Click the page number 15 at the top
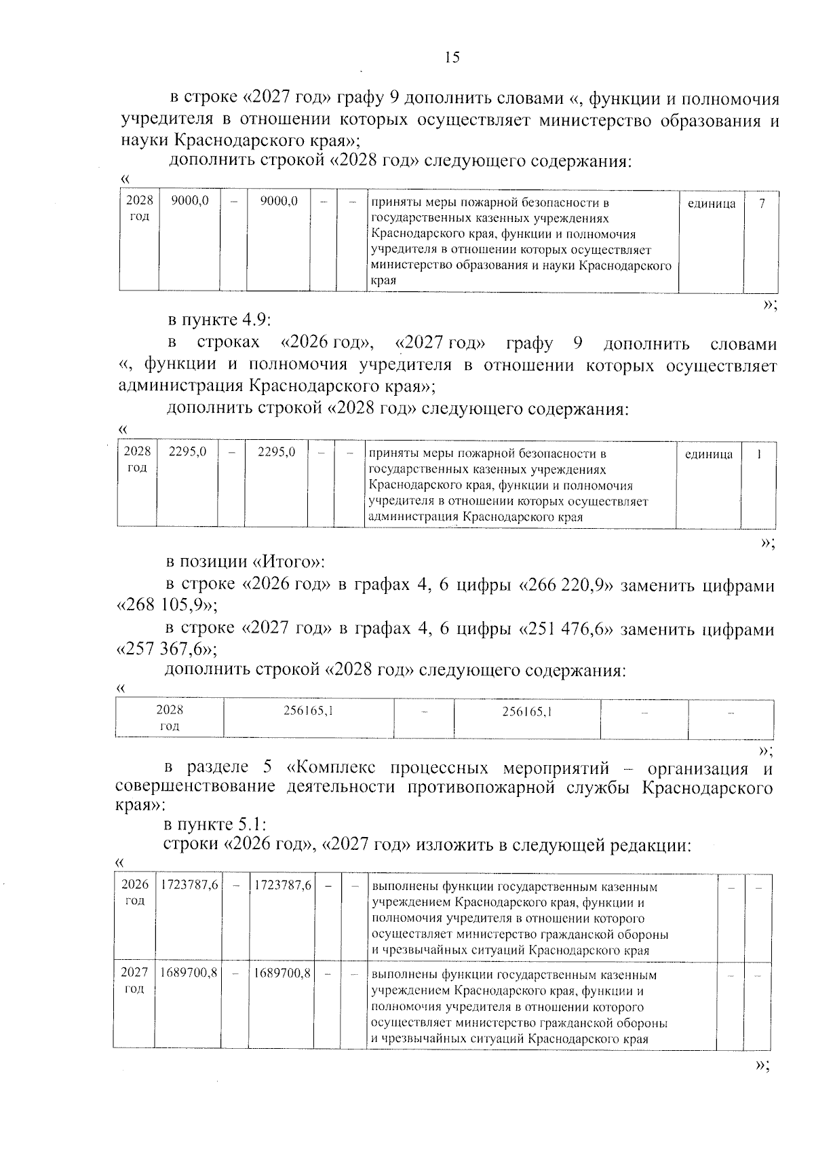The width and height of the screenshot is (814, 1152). (x=452, y=58)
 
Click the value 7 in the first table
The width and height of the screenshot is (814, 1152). (x=762, y=203)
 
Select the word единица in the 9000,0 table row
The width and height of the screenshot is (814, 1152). (x=711, y=203)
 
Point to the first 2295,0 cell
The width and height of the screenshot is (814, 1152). (x=188, y=452)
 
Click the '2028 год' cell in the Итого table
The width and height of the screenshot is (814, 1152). (x=170, y=718)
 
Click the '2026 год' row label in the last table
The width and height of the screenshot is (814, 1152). (x=134, y=893)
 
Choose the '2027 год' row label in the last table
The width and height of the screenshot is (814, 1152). (x=134, y=980)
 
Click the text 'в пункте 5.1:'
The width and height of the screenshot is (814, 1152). (x=216, y=825)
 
